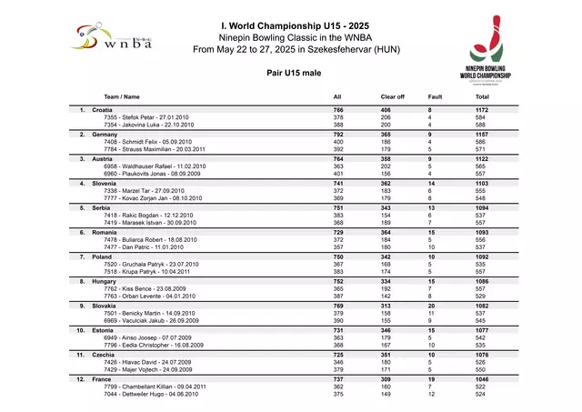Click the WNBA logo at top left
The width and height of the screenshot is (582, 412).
111,38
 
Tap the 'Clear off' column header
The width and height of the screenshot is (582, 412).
392,96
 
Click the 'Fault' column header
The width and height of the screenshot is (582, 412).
435,96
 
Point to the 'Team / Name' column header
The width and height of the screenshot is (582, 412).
122,96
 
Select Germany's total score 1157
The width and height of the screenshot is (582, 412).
482,135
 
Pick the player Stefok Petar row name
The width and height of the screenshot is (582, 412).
146,117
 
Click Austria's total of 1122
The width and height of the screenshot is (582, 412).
482,159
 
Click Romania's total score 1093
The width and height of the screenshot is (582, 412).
482,233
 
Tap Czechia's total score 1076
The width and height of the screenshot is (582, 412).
482,355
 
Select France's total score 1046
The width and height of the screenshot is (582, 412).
482,379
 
